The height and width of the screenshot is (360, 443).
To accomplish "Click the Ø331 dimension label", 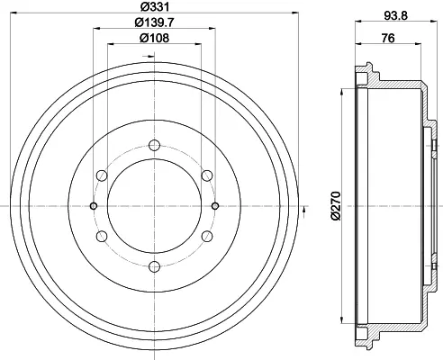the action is tap(155, 6).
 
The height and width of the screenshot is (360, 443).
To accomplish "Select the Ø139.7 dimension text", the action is tap(155, 22).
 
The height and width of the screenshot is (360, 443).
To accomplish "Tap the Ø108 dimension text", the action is tap(155, 38).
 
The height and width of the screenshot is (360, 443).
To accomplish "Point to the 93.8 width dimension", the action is tap(396, 15).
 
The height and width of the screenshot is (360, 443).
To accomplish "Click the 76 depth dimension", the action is tap(388, 39).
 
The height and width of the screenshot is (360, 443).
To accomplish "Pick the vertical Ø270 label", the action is tap(336, 205).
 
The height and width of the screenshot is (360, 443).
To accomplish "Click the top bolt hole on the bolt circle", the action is tap(154, 145).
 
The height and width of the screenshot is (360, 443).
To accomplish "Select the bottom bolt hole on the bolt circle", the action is tap(154, 266).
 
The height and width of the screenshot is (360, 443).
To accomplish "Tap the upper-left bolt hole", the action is tap(102, 175).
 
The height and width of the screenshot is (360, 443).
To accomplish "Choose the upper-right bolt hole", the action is tap(207, 175).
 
